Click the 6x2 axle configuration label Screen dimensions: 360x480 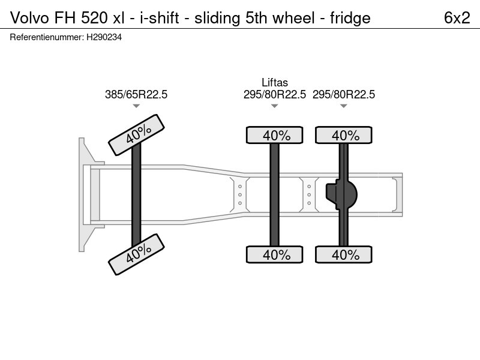[x=457, y=18]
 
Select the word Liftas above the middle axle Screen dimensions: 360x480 [x=275, y=83]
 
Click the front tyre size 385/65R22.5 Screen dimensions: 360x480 [x=136, y=94]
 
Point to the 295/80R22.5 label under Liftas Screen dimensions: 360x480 [x=275, y=94]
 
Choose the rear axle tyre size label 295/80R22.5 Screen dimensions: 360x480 [x=344, y=94]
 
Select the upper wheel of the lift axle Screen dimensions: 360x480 [x=275, y=136]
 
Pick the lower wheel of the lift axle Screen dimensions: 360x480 [x=275, y=254]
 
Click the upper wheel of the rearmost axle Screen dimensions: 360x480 [x=344, y=136]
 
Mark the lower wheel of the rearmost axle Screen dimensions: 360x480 [x=344, y=254]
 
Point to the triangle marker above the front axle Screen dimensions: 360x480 [x=136, y=106]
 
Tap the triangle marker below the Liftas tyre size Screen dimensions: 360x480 [x=275, y=106]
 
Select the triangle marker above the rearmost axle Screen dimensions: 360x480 [x=344, y=106]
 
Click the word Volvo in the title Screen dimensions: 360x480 [x=28, y=18]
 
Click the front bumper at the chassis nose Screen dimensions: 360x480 [x=83, y=194]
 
